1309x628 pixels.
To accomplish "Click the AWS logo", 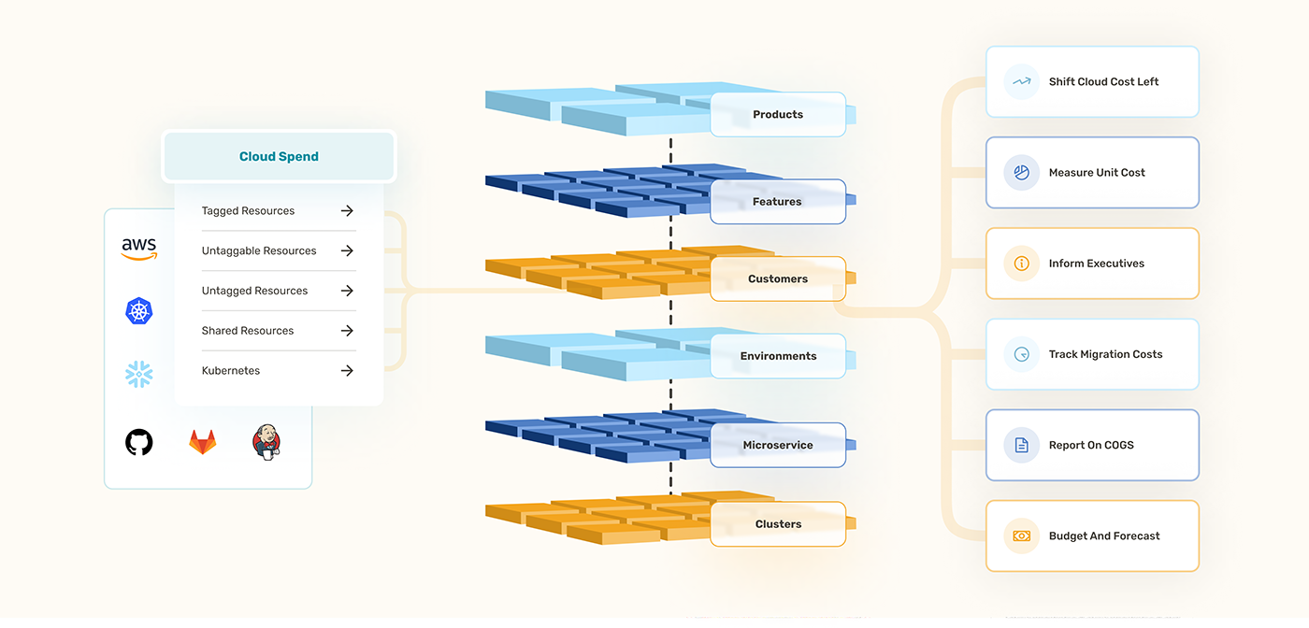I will tap(139, 249).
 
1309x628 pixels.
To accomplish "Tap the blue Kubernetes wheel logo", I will tap(139, 311).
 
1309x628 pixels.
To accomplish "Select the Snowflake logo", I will tap(139, 374).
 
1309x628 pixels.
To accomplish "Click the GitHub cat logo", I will tap(139, 442).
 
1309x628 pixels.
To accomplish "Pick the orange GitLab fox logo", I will tap(203, 442).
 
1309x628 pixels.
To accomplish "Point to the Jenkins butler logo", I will tap(266, 441).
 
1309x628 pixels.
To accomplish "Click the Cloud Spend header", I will tap(279, 156).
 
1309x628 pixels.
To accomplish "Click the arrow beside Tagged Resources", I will tap(347, 211).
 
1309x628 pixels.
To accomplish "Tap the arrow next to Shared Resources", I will tap(347, 331).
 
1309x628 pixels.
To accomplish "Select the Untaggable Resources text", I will tap(259, 251).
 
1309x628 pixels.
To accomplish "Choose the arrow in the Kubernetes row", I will tap(347, 371).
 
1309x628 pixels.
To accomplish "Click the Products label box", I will tap(778, 115).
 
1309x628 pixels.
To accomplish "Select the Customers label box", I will tap(778, 278).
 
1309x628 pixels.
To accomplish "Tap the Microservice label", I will tap(778, 445).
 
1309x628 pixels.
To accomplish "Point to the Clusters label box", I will tap(778, 524).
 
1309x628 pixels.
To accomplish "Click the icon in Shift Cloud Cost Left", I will tap(1021, 81).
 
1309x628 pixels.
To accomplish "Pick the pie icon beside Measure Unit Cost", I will tap(1021, 173).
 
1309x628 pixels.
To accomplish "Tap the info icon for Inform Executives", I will tap(1021, 264).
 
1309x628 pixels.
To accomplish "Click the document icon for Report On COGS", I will tap(1021, 446).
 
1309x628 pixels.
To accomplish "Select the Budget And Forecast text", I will tap(1104, 536).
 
